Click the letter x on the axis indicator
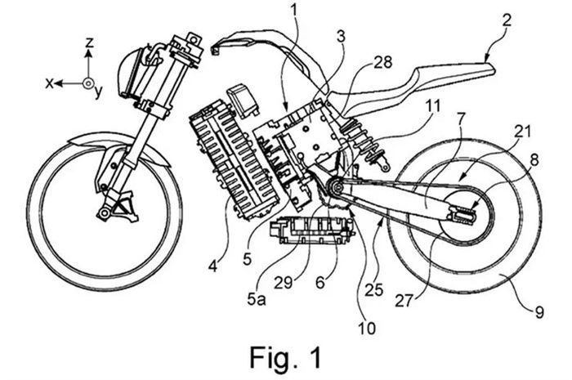pos(51,83)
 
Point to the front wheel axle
pos(104,214)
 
